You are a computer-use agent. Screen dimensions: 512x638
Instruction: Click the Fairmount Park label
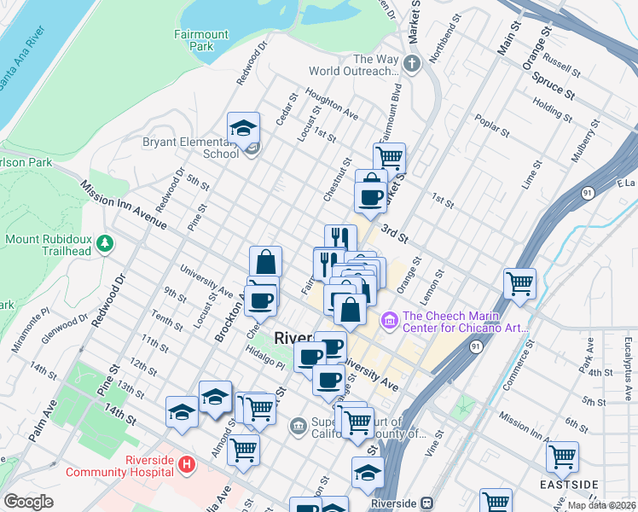(x=200, y=40)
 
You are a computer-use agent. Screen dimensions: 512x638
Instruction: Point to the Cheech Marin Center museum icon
(x=389, y=320)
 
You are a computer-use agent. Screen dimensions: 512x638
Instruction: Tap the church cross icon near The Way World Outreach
(x=412, y=64)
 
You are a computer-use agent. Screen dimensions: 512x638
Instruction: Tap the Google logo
(x=28, y=502)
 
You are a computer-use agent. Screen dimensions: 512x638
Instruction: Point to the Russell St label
(x=561, y=63)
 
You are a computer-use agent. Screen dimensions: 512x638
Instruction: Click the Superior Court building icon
(x=298, y=425)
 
